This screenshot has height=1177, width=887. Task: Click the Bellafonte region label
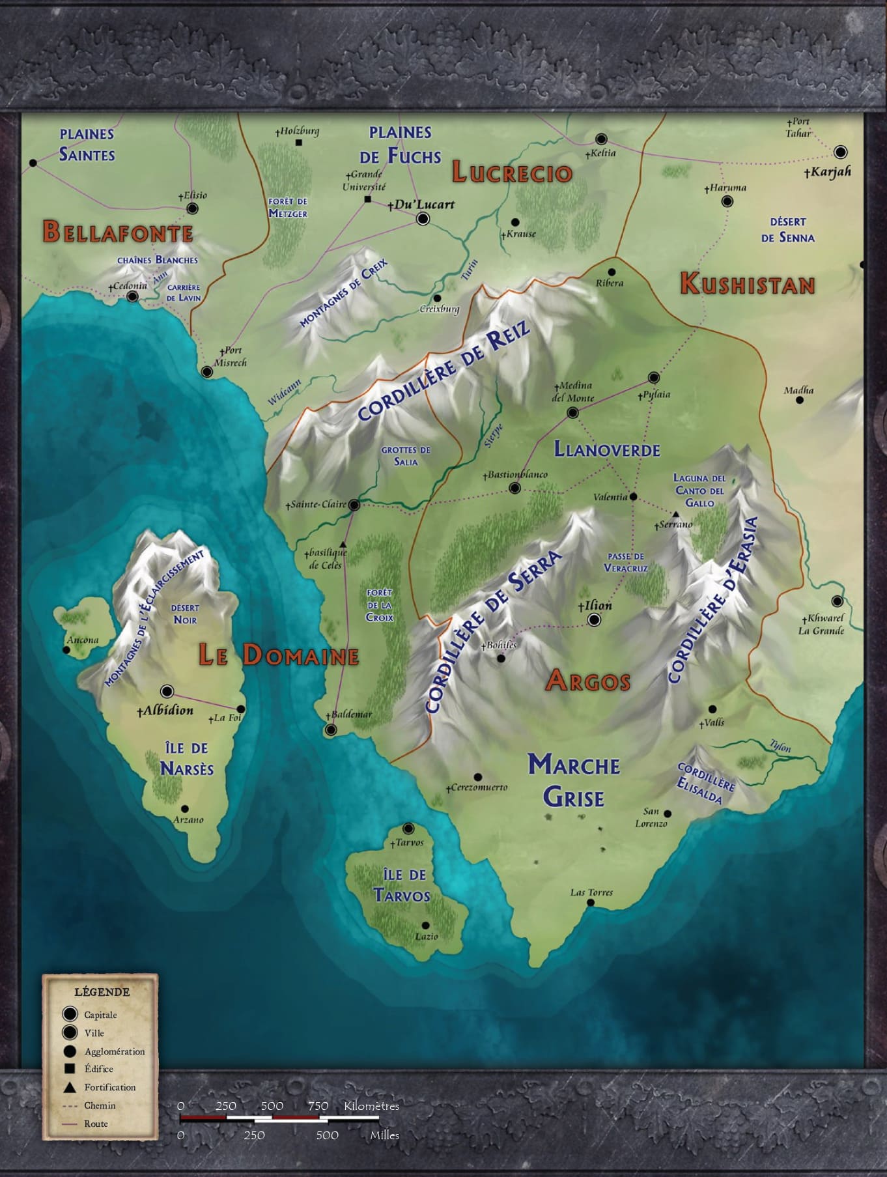click(x=118, y=233)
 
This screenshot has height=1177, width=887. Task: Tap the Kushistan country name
click(x=747, y=285)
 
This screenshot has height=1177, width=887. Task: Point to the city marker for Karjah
click(x=841, y=152)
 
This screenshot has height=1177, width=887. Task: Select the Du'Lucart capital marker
click(x=423, y=219)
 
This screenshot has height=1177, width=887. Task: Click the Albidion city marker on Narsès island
click(x=167, y=691)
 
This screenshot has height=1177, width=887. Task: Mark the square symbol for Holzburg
click(x=299, y=143)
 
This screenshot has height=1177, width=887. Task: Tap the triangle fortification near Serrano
click(x=676, y=515)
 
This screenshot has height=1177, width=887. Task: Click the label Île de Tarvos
click(x=402, y=885)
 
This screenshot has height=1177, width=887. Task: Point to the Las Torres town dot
click(x=591, y=903)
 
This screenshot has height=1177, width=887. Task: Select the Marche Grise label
click(x=574, y=780)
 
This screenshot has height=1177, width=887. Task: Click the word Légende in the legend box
click(x=102, y=992)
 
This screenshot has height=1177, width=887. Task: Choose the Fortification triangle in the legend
click(x=70, y=1087)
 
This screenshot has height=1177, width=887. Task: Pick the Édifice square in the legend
click(x=70, y=1069)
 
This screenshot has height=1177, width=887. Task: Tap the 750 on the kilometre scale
click(x=318, y=1105)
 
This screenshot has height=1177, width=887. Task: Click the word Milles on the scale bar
click(x=384, y=1135)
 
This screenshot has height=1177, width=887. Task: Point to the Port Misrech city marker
click(x=207, y=372)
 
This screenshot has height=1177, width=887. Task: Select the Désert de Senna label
click(x=787, y=230)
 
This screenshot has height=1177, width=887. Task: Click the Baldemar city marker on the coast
click(x=331, y=730)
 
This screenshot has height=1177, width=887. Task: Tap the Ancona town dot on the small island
click(x=67, y=650)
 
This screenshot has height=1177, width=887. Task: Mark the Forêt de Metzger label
click(x=287, y=208)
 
